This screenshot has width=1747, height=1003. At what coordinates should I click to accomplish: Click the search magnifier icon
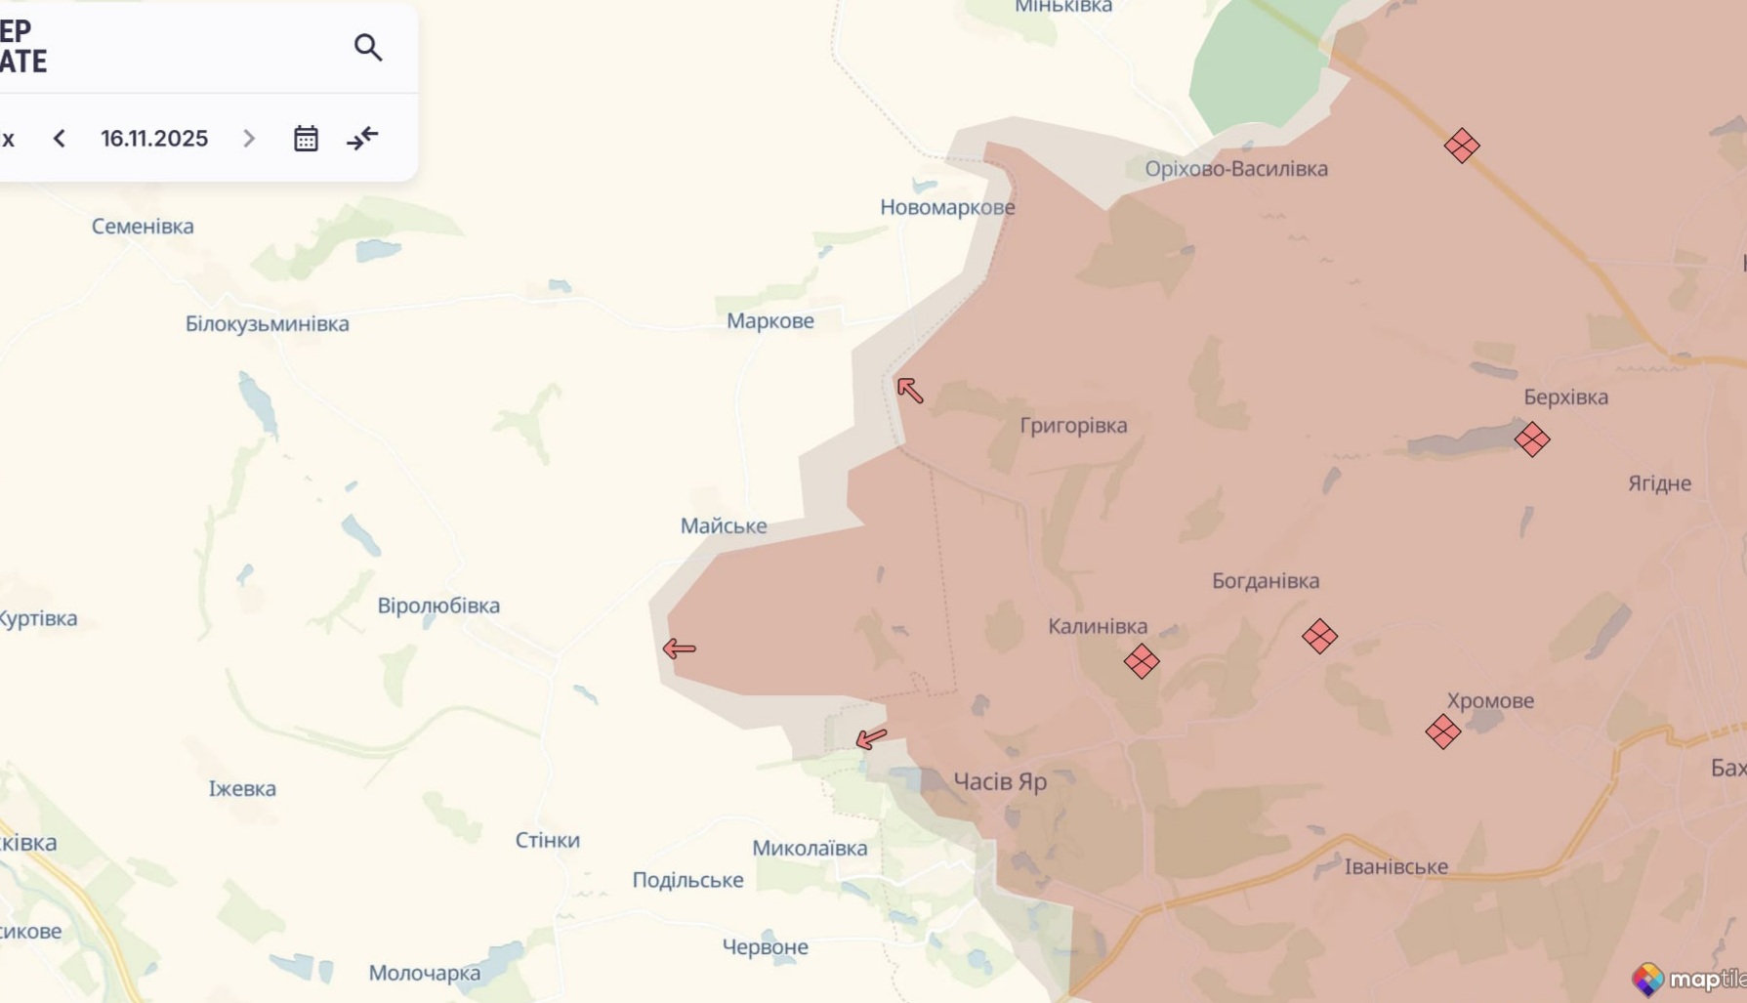click(368, 47)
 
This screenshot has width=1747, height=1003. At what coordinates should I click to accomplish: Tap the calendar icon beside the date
click(306, 139)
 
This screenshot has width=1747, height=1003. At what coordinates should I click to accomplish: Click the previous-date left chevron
click(60, 139)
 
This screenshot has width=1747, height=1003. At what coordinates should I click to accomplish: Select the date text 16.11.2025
click(154, 139)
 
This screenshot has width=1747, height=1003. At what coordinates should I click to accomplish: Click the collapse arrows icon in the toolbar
click(362, 139)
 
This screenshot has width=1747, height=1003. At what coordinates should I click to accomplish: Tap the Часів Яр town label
click(999, 781)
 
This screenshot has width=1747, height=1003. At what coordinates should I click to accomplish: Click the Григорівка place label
click(1073, 426)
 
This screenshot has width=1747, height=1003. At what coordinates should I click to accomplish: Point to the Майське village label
click(724, 526)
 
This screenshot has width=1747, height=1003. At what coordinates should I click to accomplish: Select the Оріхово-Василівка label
click(1236, 169)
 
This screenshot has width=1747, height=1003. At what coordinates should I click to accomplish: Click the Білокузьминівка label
click(268, 324)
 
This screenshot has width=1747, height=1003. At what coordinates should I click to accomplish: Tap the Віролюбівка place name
click(438, 606)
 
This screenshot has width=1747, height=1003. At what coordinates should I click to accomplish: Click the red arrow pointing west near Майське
click(679, 648)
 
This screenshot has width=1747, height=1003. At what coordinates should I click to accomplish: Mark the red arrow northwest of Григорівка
click(910, 391)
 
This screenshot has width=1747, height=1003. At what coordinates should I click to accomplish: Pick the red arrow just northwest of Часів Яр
click(871, 739)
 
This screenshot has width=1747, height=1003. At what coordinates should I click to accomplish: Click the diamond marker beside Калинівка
click(1141, 661)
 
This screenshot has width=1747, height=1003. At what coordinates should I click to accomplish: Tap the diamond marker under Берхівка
click(1531, 439)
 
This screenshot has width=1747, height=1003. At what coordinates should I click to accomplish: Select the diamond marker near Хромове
click(1442, 731)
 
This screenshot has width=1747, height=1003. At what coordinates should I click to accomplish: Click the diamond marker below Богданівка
click(1319, 637)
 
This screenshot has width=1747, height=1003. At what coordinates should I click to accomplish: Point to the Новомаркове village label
click(947, 207)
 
